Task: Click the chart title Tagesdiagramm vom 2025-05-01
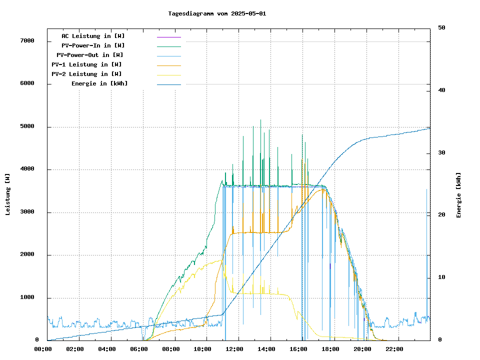[x=217, y=13]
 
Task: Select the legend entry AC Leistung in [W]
[x=93, y=36]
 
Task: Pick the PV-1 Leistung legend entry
[x=86, y=64]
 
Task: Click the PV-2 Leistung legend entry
[x=86, y=74]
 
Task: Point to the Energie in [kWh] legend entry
[x=99, y=83]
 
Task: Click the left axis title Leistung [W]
[x=8, y=194]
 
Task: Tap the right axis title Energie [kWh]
[x=458, y=195]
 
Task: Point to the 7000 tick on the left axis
[x=26, y=41]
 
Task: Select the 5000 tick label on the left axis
[x=26, y=126]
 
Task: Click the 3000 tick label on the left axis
[x=26, y=212]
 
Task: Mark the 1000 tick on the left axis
[x=26, y=297]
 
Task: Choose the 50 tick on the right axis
[x=441, y=27]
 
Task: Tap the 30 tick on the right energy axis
[x=441, y=152]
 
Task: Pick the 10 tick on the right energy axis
[x=441, y=277]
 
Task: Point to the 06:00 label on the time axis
[x=138, y=349]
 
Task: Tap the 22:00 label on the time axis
[x=394, y=349]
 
